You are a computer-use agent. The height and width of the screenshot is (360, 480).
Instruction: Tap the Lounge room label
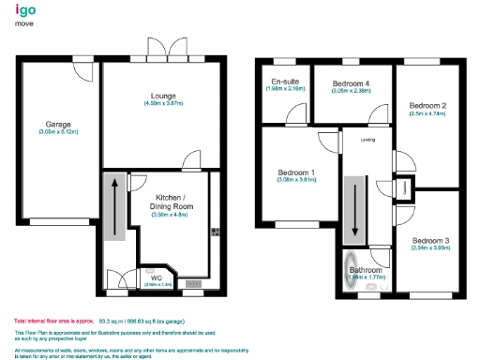162,96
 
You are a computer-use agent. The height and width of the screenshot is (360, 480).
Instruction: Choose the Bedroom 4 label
351,83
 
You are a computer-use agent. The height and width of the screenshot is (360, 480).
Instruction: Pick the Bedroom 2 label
430,105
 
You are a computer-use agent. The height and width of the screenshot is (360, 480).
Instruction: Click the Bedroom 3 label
430,241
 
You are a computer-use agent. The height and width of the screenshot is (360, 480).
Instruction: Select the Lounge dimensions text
162,104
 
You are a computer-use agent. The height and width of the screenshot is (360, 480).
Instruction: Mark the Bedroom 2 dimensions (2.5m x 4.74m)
430,113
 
